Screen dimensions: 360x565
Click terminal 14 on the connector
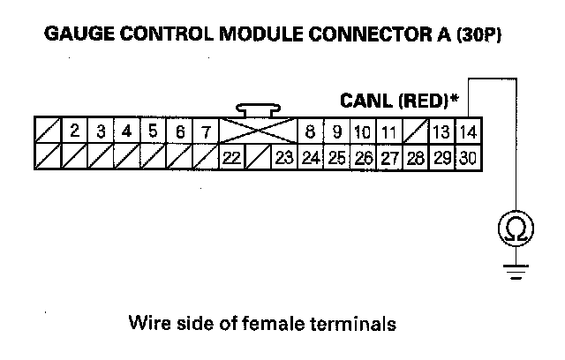coord(468,132)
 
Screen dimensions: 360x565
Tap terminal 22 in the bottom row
coord(231,158)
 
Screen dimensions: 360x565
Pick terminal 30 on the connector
coord(468,158)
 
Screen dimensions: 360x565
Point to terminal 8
coord(310,132)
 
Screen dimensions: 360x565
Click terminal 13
coord(441,132)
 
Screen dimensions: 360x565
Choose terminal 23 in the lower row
coord(283,158)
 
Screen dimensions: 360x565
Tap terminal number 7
coord(206,132)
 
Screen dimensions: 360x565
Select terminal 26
coord(363,158)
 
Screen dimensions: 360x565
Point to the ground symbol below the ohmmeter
coord(511,266)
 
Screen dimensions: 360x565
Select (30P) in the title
coord(485,36)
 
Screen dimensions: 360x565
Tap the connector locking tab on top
coord(258,110)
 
